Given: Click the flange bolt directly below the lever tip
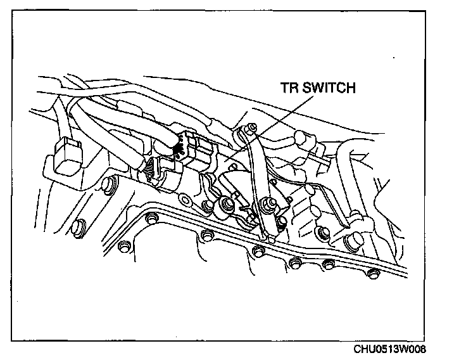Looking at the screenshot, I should (257, 252).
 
